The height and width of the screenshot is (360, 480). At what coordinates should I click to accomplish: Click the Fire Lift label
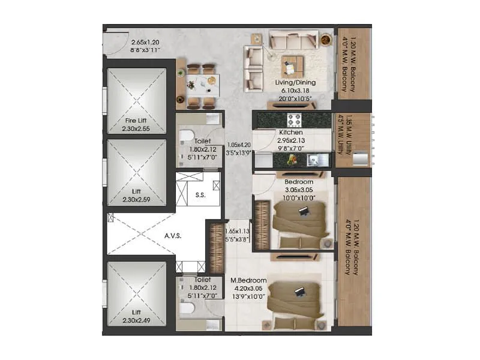[x=136, y=120]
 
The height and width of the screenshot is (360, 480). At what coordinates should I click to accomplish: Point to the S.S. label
[x=200, y=194]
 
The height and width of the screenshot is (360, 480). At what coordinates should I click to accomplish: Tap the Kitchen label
[x=290, y=133]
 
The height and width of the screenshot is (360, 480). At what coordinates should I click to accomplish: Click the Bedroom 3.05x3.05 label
[x=298, y=182]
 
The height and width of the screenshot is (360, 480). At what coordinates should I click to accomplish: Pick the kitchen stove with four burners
[x=295, y=119]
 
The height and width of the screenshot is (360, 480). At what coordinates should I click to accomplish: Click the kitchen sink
[x=317, y=160]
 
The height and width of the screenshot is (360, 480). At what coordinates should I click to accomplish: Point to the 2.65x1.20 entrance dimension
[x=146, y=43]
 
